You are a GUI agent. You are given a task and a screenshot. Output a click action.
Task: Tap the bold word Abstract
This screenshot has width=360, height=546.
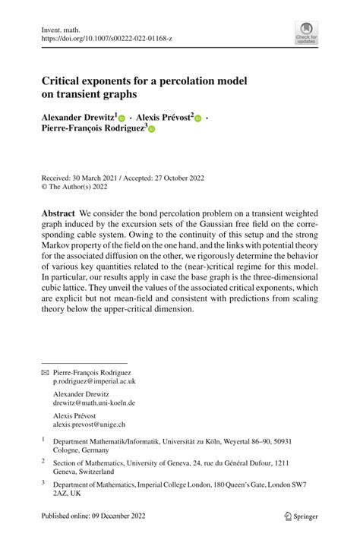click(x=58, y=215)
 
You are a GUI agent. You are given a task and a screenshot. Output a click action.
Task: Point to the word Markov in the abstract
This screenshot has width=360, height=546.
click(x=61, y=249)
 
